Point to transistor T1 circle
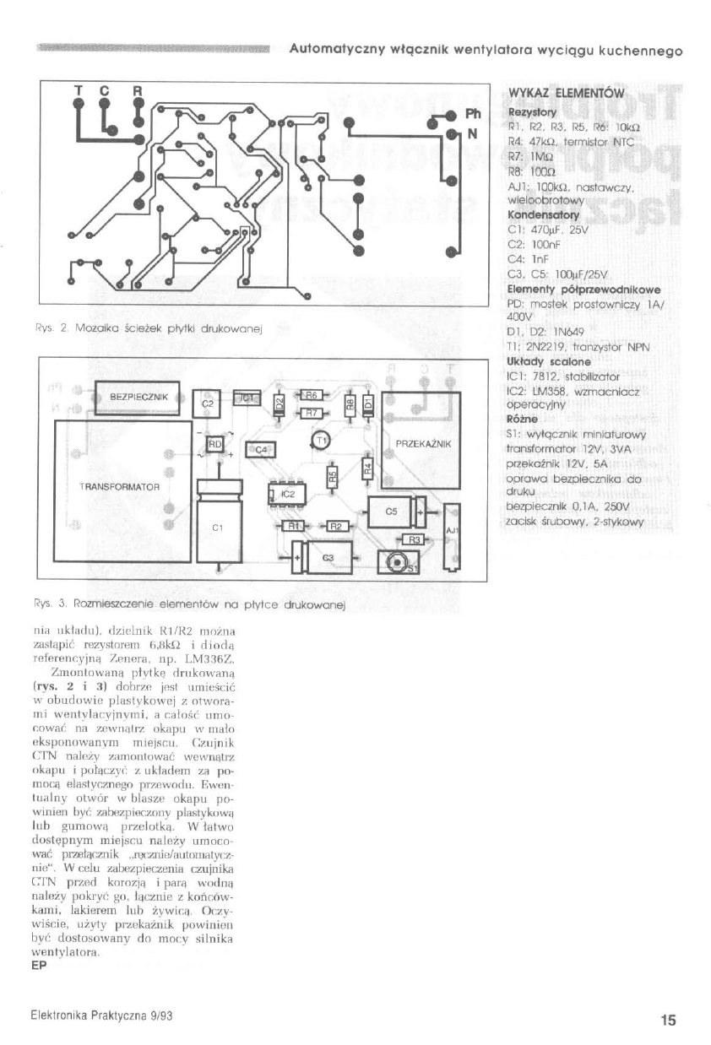(323, 440)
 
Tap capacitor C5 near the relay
(391, 512)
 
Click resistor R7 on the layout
(310, 413)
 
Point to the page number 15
(668, 1021)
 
